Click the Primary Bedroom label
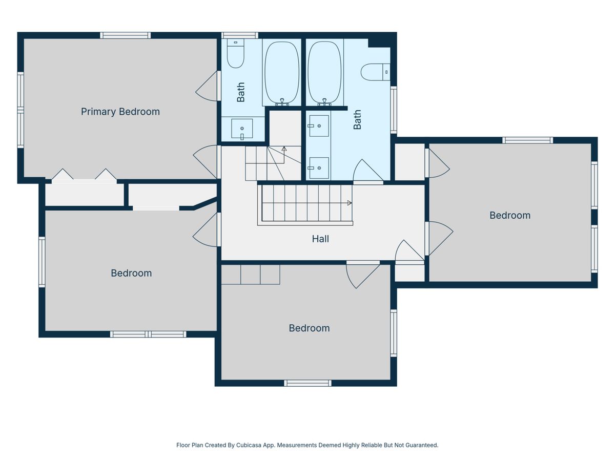pos(120,112)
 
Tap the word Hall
pos(320,239)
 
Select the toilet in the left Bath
pos(235,53)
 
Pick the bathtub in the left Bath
pos(281,72)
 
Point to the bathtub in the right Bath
pos(325,72)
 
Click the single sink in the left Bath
pos(242,129)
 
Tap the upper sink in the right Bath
pos(319,126)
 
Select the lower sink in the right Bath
pos(319,168)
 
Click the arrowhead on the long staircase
pos(350,203)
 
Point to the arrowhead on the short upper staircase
pos(284,149)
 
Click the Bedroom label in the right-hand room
pos(510,215)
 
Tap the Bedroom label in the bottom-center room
pos(309,328)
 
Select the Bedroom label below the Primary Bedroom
pos(131,273)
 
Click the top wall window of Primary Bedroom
pos(126,35)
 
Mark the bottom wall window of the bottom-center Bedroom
pos(307,383)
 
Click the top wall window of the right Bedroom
pos(527,140)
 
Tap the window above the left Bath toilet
pos(240,35)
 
